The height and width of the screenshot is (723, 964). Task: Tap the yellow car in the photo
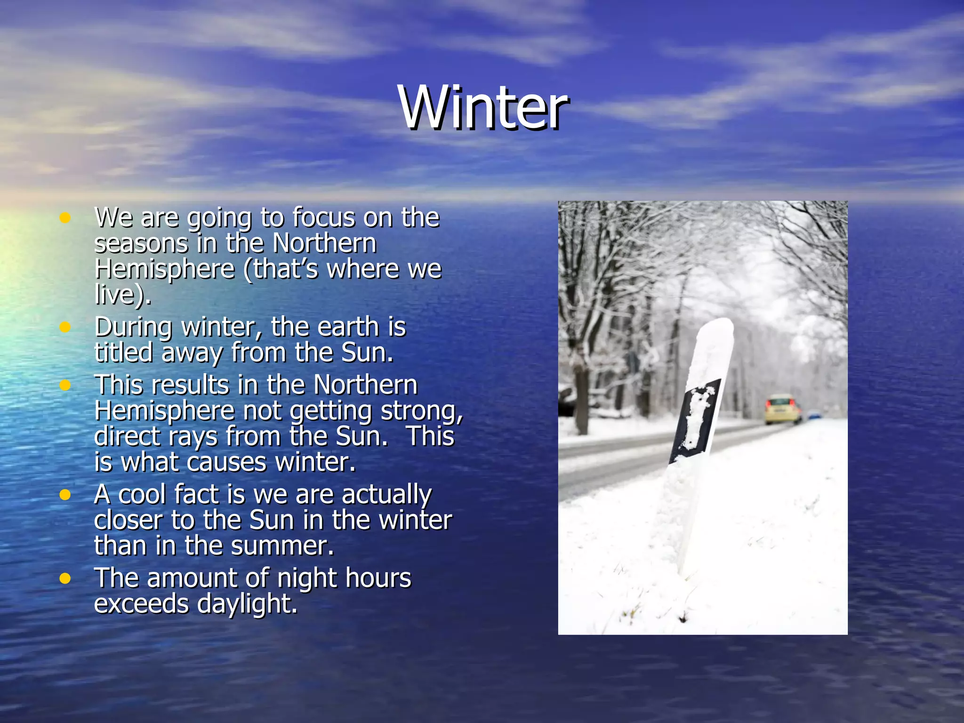pyautogui.click(x=782, y=409)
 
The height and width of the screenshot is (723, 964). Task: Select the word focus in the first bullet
pyautogui.click(x=323, y=218)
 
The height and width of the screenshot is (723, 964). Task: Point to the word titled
pyautogui.click(x=124, y=353)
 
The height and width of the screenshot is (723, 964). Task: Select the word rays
pyautogui.click(x=193, y=437)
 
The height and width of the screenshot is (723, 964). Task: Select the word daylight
pyautogui.click(x=247, y=604)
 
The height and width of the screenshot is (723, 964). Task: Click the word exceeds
pyautogui.click(x=141, y=604)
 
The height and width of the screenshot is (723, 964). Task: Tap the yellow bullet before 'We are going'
pyautogui.click(x=65, y=218)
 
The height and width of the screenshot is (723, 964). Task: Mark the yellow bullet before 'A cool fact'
pyautogui.click(x=65, y=495)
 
